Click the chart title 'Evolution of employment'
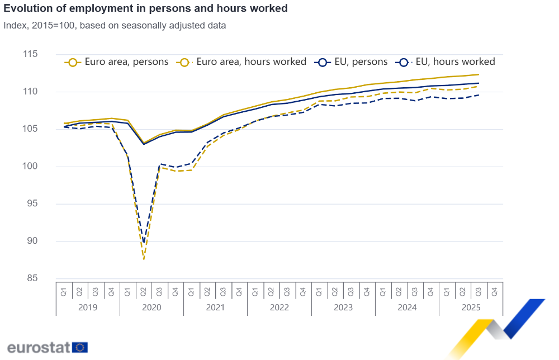pos(146,8)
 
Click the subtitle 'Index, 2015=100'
pos(115,25)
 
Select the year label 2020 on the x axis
pos(151,307)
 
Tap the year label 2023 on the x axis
pos(343,307)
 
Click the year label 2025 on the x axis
pos(471,307)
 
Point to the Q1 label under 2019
pos(64,291)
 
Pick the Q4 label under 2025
pos(494,291)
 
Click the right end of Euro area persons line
pos(479,74)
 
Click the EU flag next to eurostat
pos(80,347)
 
